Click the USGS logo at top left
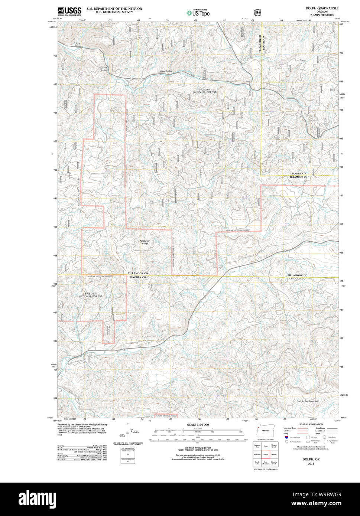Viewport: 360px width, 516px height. [69, 11]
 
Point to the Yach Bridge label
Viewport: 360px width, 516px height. [78, 45]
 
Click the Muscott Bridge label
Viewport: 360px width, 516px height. [103, 69]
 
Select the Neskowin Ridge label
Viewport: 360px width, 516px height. [144, 242]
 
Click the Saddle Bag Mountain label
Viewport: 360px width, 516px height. [308, 401]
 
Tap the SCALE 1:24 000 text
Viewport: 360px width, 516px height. [198, 425]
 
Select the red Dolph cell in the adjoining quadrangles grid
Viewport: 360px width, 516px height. [265, 454]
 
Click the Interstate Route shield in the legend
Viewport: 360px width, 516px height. [286, 438]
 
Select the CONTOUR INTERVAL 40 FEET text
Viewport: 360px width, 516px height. [198, 448]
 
